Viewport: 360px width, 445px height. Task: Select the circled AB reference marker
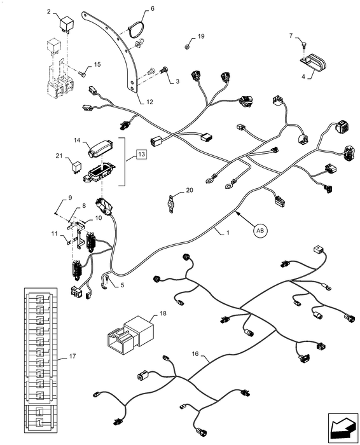coord(260,232)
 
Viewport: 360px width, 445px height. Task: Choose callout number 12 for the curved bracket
coord(149,102)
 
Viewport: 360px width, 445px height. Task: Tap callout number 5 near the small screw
coord(121,285)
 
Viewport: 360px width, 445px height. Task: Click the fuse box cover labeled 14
coord(100,147)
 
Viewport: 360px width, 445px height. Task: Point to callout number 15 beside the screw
coord(97,64)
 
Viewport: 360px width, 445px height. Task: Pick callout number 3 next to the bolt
coord(177,81)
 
